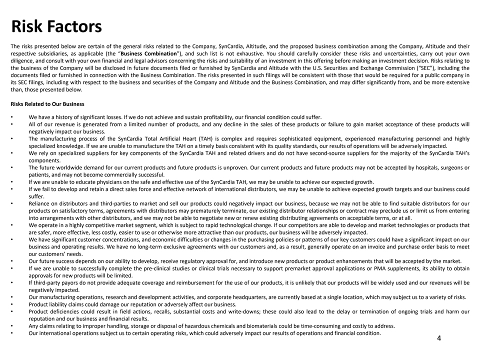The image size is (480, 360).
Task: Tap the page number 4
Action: (438, 339)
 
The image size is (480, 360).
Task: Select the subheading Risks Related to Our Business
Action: (47, 104)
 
